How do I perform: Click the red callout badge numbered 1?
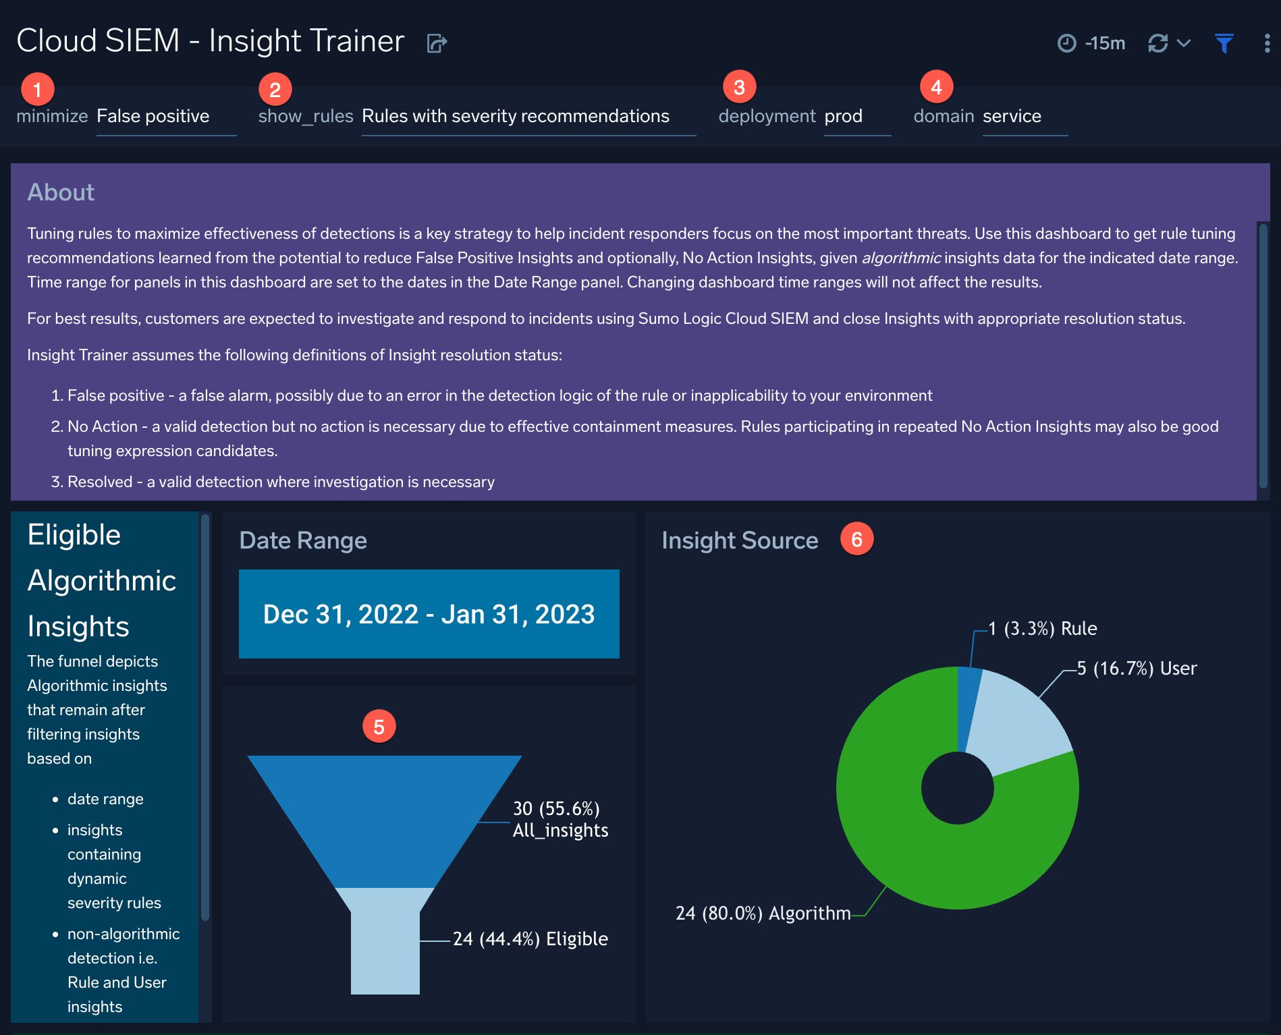(38, 89)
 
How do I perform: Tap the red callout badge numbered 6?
(856, 539)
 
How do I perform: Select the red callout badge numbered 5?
(379, 727)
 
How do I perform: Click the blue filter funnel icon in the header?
(1224, 44)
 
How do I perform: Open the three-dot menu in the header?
(1267, 44)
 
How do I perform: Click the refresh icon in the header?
(1158, 44)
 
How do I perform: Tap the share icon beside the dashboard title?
(437, 44)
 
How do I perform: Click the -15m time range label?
(1105, 44)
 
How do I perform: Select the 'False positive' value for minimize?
(153, 116)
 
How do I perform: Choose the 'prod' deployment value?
(844, 116)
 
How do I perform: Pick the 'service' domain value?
(1012, 116)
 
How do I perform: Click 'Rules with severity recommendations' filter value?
(516, 116)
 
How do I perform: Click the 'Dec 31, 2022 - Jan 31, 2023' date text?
(429, 614)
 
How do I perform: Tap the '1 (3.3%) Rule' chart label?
(1043, 629)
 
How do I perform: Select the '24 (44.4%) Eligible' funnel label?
(530, 939)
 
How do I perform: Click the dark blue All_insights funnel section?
(385, 810)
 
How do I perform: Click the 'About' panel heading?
(61, 192)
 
